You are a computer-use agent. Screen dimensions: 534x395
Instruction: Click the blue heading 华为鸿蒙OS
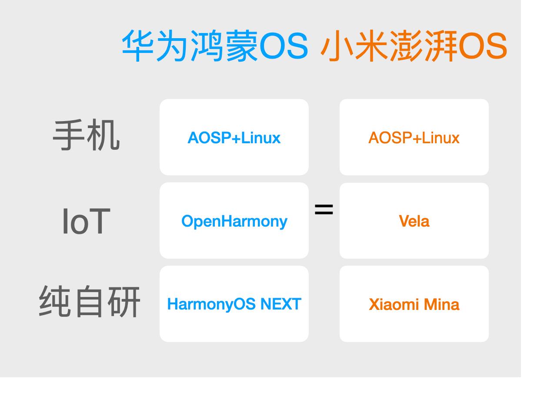click(x=215, y=46)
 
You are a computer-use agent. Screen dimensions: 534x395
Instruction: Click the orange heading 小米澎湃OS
click(x=414, y=46)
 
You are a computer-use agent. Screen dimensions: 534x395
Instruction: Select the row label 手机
click(x=86, y=135)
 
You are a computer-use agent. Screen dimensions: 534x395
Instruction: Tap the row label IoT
click(x=86, y=221)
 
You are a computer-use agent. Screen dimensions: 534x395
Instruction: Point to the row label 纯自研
click(x=89, y=301)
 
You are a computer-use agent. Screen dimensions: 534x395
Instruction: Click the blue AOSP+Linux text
click(x=234, y=138)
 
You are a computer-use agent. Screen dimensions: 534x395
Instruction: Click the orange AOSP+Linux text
click(x=414, y=138)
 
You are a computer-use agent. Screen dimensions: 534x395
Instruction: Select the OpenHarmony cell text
click(x=234, y=222)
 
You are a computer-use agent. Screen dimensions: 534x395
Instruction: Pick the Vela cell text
click(x=414, y=221)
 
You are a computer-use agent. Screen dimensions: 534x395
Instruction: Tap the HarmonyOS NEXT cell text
click(x=234, y=304)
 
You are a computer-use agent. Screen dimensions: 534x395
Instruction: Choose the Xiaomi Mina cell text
click(x=414, y=304)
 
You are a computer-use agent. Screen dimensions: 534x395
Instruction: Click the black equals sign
click(x=324, y=209)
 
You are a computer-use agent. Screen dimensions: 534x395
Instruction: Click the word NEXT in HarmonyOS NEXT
click(x=281, y=304)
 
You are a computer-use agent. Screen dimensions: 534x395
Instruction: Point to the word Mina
click(x=441, y=304)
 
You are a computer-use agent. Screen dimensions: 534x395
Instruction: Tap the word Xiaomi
click(x=394, y=304)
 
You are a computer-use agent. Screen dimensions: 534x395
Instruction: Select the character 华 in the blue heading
click(x=137, y=46)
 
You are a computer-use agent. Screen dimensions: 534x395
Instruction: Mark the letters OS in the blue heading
click(x=284, y=46)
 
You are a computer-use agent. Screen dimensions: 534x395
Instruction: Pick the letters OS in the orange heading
click(x=483, y=46)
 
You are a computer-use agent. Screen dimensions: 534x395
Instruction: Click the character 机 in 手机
click(x=103, y=135)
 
